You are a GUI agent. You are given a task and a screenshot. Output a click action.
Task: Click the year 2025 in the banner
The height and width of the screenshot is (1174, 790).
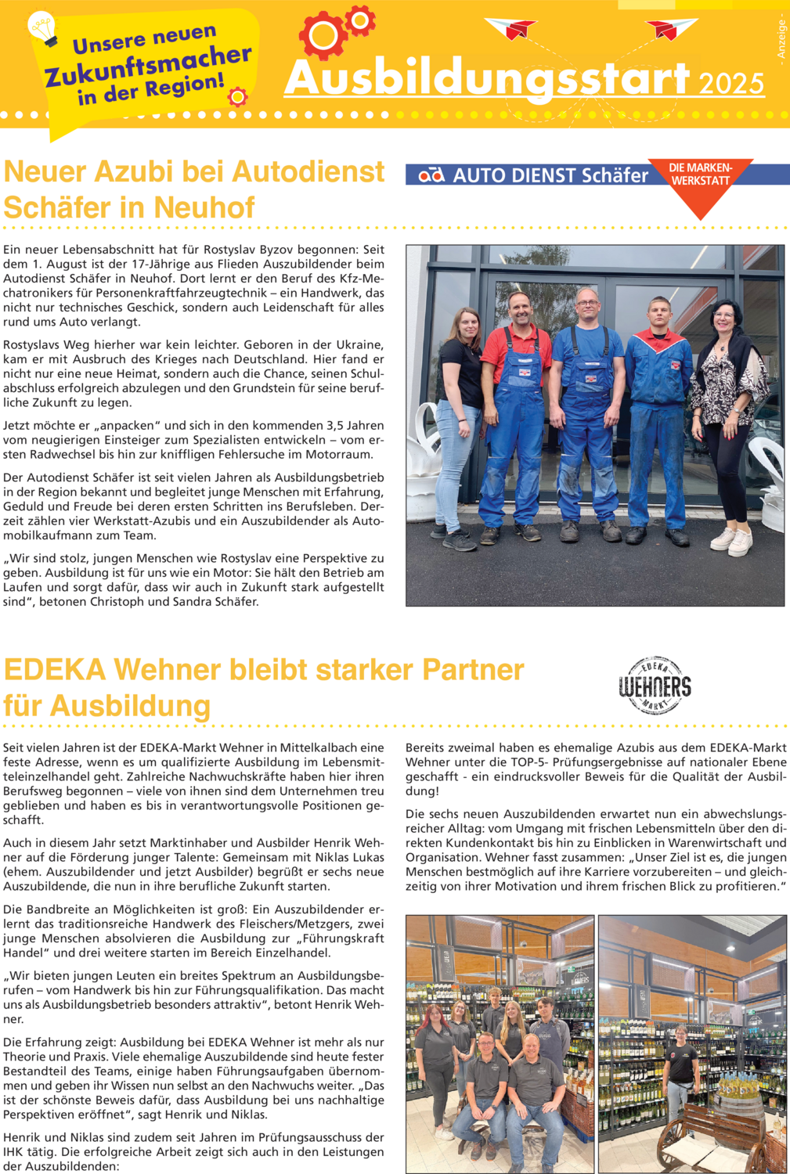click(731, 84)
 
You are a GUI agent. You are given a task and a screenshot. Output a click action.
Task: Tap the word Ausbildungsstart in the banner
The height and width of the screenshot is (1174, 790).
click(486, 78)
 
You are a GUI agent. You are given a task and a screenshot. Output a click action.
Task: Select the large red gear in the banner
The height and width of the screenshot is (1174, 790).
click(323, 36)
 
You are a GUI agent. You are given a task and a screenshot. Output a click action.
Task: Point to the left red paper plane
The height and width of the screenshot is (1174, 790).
click(513, 29)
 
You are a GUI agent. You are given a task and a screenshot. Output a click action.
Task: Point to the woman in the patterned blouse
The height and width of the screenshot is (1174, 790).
click(727, 423)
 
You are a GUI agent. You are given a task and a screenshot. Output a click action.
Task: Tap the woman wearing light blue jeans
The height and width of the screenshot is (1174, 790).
click(459, 427)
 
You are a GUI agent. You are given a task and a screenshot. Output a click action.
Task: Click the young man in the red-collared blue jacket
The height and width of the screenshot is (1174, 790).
click(658, 419)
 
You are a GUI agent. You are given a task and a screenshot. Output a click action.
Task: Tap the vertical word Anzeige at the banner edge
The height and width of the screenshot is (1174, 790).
click(781, 40)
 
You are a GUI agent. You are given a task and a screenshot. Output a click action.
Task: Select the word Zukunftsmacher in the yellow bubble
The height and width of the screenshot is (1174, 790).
click(149, 66)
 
